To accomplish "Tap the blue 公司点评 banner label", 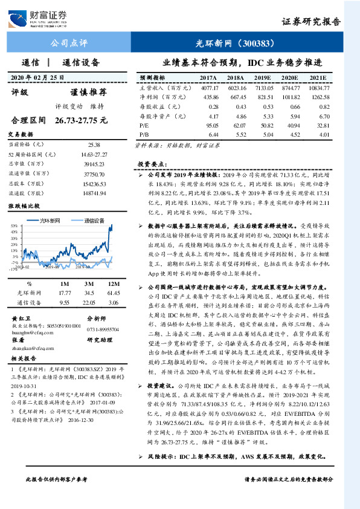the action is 68,44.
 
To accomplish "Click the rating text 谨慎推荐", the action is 88,92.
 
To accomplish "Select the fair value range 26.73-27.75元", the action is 80,120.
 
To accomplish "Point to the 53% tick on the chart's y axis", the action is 13,226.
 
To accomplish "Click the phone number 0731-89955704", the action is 103,329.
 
